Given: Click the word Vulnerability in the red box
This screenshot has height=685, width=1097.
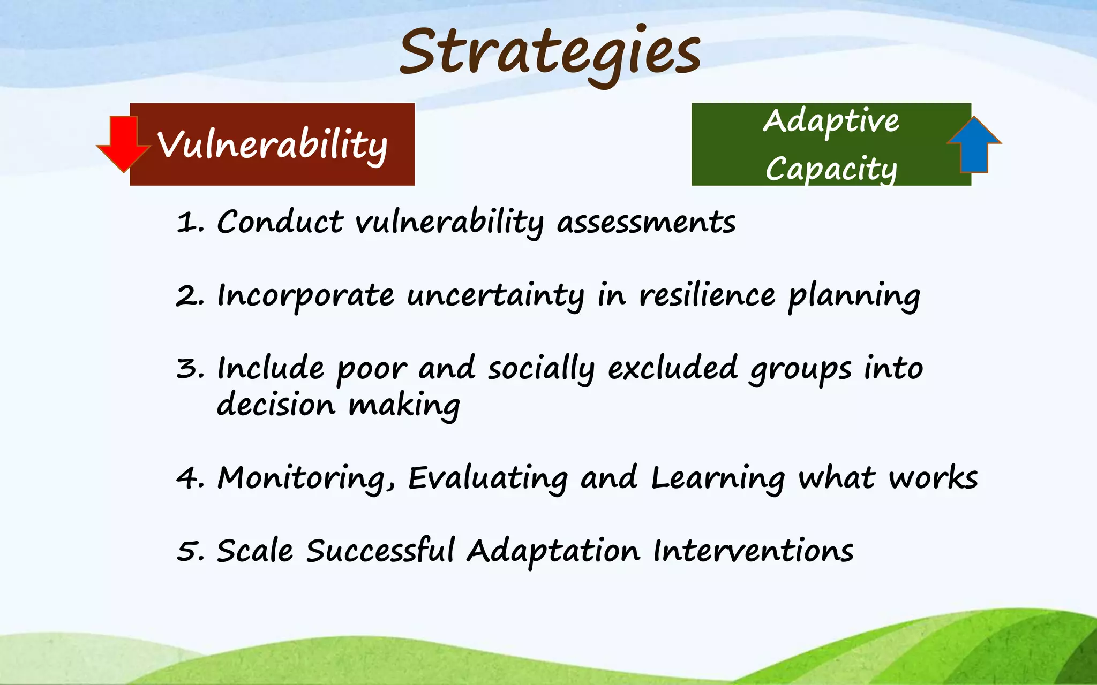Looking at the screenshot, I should pyautogui.click(x=272, y=145).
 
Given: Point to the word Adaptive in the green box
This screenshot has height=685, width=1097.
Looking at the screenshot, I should pyautogui.click(x=831, y=121).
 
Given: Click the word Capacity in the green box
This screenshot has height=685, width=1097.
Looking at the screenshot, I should pyautogui.click(x=831, y=170).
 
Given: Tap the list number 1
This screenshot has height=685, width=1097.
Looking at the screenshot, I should pyautogui.click(x=188, y=222).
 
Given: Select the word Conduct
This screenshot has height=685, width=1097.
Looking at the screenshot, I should pyautogui.click(x=280, y=222).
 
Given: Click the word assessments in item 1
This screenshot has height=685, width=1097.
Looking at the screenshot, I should pyautogui.click(x=646, y=222).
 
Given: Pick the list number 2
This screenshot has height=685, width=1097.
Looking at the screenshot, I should pyautogui.click(x=188, y=295).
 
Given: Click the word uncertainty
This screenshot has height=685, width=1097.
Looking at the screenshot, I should pyautogui.click(x=495, y=296).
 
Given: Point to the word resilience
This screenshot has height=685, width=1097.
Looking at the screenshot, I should pyautogui.click(x=707, y=295).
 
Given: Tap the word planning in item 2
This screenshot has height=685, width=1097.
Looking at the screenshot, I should pyautogui.click(x=854, y=296).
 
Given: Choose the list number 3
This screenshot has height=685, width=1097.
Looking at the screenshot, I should pyautogui.click(x=188, y=369).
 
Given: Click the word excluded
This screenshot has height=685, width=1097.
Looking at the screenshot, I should pyautogui.click(x=673, y=368).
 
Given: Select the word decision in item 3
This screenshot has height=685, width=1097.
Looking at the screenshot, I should pyautogui.click(x=276, y=405).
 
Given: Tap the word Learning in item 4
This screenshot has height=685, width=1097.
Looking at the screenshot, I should pyautogui.click(x=718, y=478).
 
